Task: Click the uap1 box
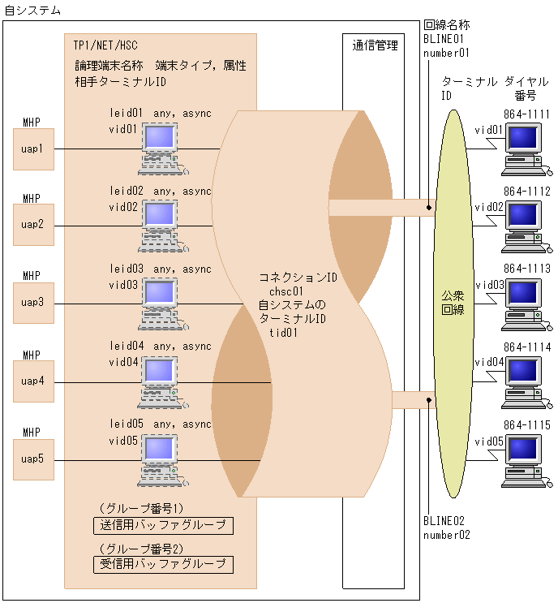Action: click(x=33, y=149)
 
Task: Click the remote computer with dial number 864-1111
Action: click(x=523, y=150)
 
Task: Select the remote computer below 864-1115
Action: click(x=523, y=462)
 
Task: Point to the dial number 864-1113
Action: click(x=526, y=269)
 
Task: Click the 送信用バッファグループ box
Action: click(x=163, y=526)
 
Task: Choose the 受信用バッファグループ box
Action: click(x=163, y=564)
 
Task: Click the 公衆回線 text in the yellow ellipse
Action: click(x=453, y=303)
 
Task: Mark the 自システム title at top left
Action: click(x=32, y=9)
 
